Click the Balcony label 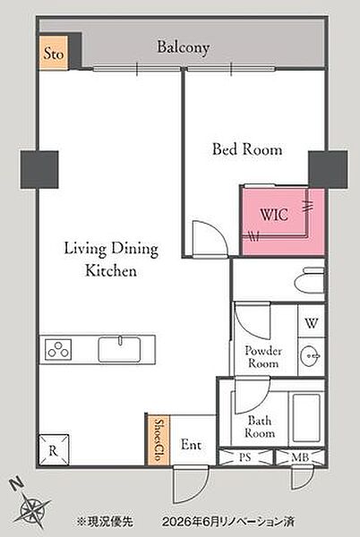(x=183, y=48)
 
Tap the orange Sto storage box (x=54, y=53)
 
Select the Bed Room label (x=247, y=149)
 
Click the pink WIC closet (x=283, y=222)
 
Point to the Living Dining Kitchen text (x=111, y=260)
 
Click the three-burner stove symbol (x=58, y=349)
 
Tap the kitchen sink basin (x=119, y=349)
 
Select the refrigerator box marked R (x=54, y=450)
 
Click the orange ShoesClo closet (x=159, y=439)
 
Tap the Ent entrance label (x=191, y=445)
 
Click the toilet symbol (x=309, y=280)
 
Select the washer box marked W (x=311, y=322)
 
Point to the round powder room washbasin (x=311, y=356)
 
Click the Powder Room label (x=263, y=357)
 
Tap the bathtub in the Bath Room (x=306, y=419)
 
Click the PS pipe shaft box (x=245, y=456)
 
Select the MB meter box (x=300, y=456)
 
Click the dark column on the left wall (x=39, y=170)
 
